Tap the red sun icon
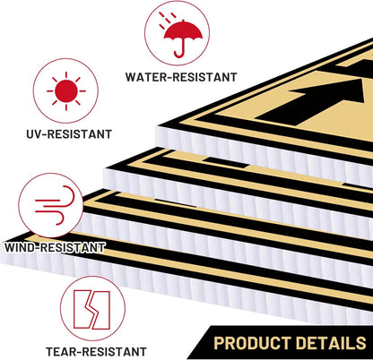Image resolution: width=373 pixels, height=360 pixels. pos(66,91)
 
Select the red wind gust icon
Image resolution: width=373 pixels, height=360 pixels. pos(55,205)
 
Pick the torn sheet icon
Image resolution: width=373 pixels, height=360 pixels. pos(91,310)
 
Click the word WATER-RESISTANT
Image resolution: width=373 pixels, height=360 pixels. pos(181,77)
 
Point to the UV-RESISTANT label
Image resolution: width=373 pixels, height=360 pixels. pos(69,134)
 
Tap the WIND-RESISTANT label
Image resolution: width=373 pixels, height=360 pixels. pos(55,247)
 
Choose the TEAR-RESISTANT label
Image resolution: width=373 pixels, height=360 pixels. pos(96,352)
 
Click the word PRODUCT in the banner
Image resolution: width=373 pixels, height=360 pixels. pos(253,343)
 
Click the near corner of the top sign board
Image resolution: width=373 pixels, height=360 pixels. pos(157,126)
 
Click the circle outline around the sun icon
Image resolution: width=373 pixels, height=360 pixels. pos(65,58)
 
